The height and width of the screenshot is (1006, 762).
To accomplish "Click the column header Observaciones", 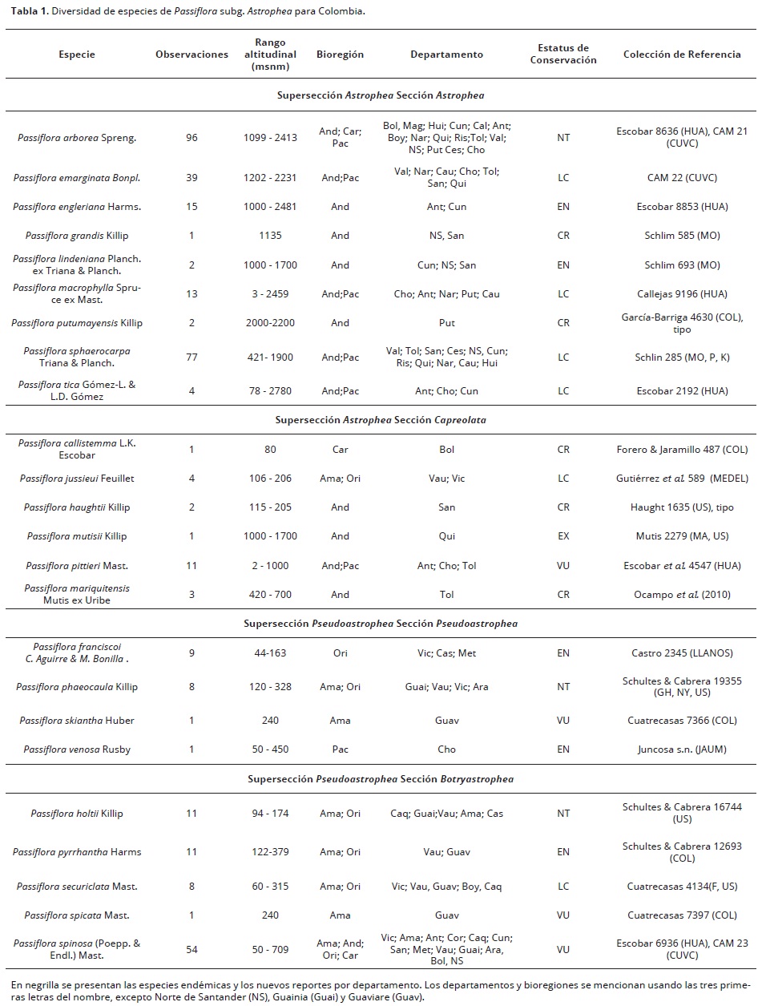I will [192, 55].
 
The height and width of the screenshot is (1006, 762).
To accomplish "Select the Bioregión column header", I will [340, 55].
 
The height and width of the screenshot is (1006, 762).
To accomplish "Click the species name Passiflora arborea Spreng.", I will [77, 137].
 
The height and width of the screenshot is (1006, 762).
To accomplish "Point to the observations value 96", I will [192, 137].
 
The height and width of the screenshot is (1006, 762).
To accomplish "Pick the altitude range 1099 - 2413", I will [270, 137].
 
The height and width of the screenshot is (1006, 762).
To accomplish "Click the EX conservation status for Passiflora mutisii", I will [563, 536].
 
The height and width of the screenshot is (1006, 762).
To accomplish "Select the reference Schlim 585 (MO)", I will [683, 236].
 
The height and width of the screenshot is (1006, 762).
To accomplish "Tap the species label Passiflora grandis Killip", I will [77, 236].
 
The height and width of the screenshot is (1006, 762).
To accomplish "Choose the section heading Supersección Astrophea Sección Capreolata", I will [381, 419].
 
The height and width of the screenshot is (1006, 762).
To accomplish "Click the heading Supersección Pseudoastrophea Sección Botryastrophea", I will [381, 778].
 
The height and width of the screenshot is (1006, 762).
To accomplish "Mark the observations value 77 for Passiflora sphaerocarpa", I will [192, 358].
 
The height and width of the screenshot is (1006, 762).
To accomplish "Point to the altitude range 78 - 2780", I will [270, 391].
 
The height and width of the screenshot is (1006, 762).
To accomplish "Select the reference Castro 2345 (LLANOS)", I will [683, 653].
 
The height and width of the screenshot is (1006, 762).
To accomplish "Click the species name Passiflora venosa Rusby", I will [77, 749].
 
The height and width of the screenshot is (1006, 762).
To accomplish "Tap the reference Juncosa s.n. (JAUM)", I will [683, 749].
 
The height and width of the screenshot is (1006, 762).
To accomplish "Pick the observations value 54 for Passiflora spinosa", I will [192, 949].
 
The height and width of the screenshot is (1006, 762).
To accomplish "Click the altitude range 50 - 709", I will [270, 949].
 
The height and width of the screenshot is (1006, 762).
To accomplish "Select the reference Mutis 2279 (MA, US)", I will [683, 536].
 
